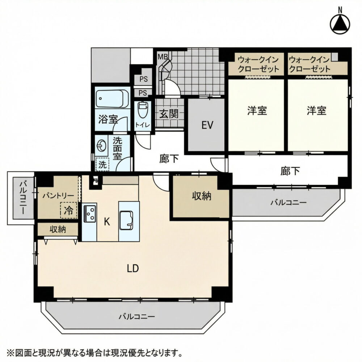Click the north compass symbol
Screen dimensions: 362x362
[x=340, y=24]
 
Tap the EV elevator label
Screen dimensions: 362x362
[x=207, y=125]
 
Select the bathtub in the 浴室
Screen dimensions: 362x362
[x=113, y=99]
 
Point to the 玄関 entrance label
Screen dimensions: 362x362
[x=169, y=114]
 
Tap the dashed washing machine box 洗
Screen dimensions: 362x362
[x=102, y=164]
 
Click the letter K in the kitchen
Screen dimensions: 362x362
[x=107, y=222]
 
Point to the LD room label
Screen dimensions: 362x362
[x=133, y=268]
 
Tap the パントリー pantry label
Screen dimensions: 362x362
[x=58, y=196]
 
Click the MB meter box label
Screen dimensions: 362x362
[x=162, y=56]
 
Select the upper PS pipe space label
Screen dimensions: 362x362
[x=143, y=79]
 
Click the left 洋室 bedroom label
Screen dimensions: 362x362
[x=257, y=110]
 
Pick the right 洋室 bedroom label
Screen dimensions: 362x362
[x=316, y=110]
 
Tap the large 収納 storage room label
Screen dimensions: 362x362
[x=202, y=196]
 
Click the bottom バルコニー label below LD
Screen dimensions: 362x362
[x=137, y=316]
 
